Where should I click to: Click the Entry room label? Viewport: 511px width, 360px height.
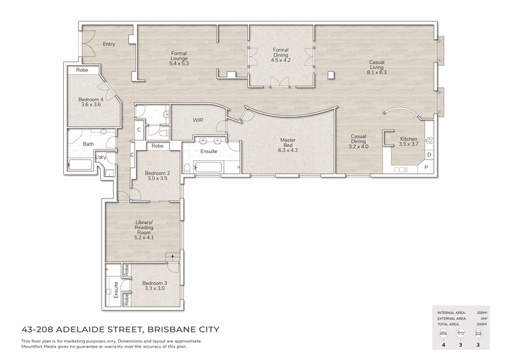[109, 44]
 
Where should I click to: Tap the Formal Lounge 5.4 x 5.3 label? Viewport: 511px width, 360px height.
[179, 58]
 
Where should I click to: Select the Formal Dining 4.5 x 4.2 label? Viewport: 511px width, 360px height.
[280, 55]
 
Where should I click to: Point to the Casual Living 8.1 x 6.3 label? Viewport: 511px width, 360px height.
[377, 67]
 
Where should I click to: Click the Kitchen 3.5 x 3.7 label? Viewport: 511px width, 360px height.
[408, 142]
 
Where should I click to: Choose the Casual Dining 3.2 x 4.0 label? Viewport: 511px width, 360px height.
[358, 142]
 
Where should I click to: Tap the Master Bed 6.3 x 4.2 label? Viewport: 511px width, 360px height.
[288, 146]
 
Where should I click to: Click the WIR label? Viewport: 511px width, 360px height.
[198, 120]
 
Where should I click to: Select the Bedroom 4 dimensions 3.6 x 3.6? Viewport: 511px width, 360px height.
[91, 105]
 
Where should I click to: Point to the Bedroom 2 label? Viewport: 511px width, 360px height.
[157, 174]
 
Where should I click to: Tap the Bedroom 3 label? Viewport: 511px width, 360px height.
[155, 283]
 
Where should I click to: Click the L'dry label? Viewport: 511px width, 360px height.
[101, 158]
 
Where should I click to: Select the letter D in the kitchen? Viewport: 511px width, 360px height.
[429, 154]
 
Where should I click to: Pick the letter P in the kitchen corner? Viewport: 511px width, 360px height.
[427, 167]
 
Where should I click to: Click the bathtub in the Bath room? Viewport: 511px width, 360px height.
[80, 165]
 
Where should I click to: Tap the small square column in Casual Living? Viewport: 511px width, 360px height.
[331, 75]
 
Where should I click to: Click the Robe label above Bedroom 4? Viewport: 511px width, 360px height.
[82, 70]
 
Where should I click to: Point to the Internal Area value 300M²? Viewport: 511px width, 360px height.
[482, 313]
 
